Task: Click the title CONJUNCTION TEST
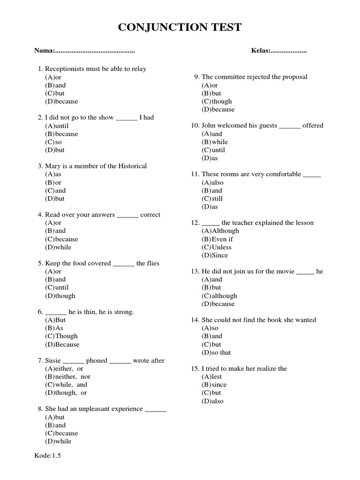click(x=180, y=27)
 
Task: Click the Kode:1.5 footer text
click(x=48, y=455)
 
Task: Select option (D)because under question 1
click(x=61, y=101)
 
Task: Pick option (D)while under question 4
click(x=58, y=247)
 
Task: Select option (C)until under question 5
click(x=57, y=287)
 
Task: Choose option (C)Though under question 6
click(x=61, y=336)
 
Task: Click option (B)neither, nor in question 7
click(x=68, y=376)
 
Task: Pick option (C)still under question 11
click(x=212, y=198)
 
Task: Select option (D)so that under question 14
click(x=216, y=352)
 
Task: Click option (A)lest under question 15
click(x=212, y=376)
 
